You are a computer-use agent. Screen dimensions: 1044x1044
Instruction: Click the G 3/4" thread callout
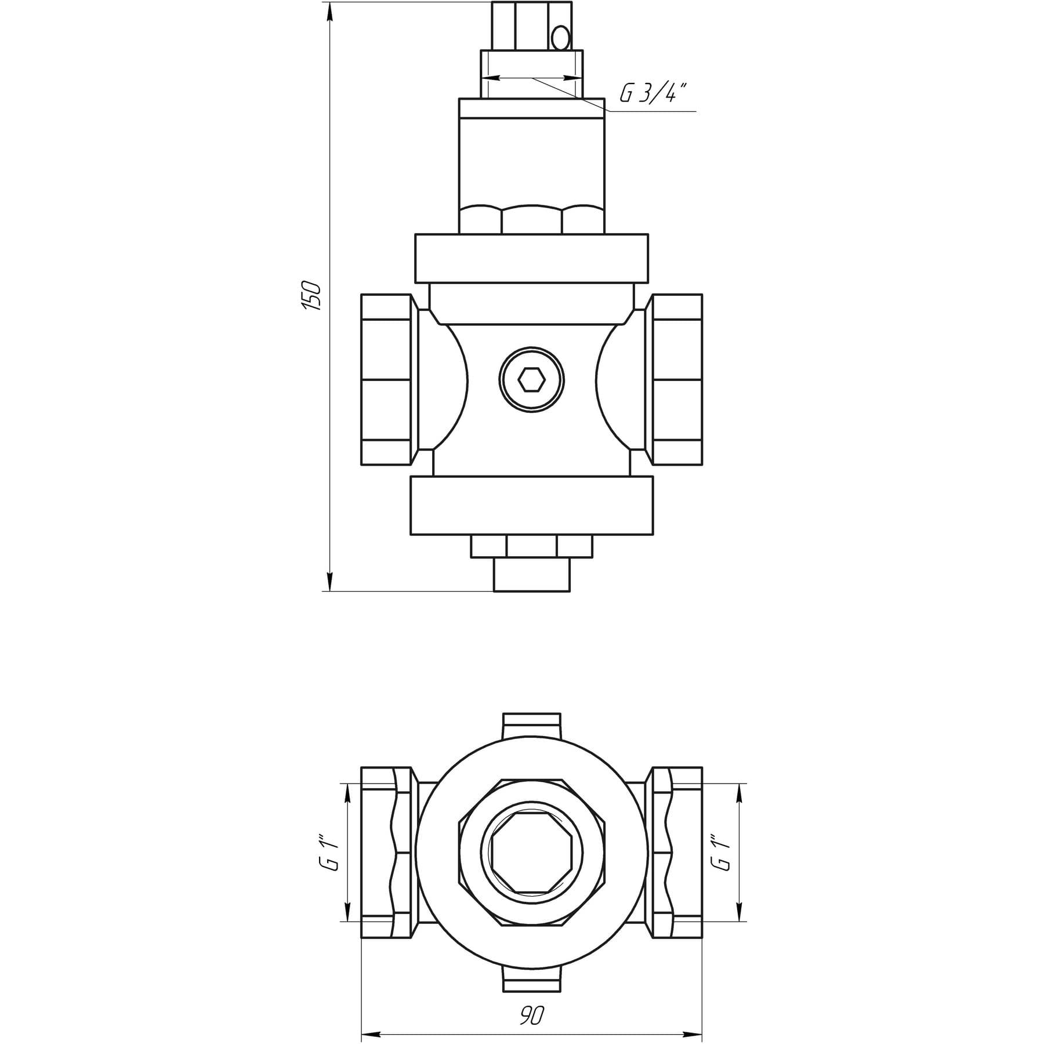tap(652, 93)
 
